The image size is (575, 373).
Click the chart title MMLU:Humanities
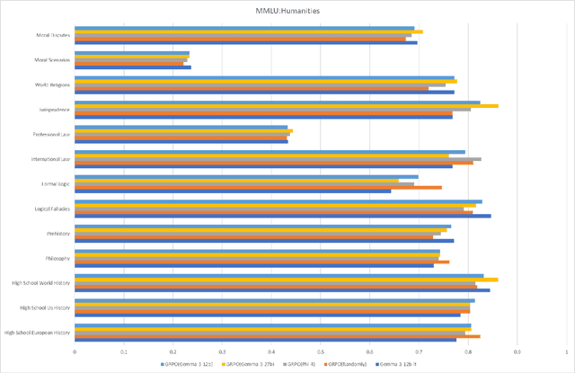coord(287,11)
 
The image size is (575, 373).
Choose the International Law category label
coord(49,159)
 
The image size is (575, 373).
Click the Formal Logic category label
coord(53,184)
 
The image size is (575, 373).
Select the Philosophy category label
coord(55,258)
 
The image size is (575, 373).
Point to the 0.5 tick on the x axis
coord(321,352)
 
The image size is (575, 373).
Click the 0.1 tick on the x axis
coord(124,352)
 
